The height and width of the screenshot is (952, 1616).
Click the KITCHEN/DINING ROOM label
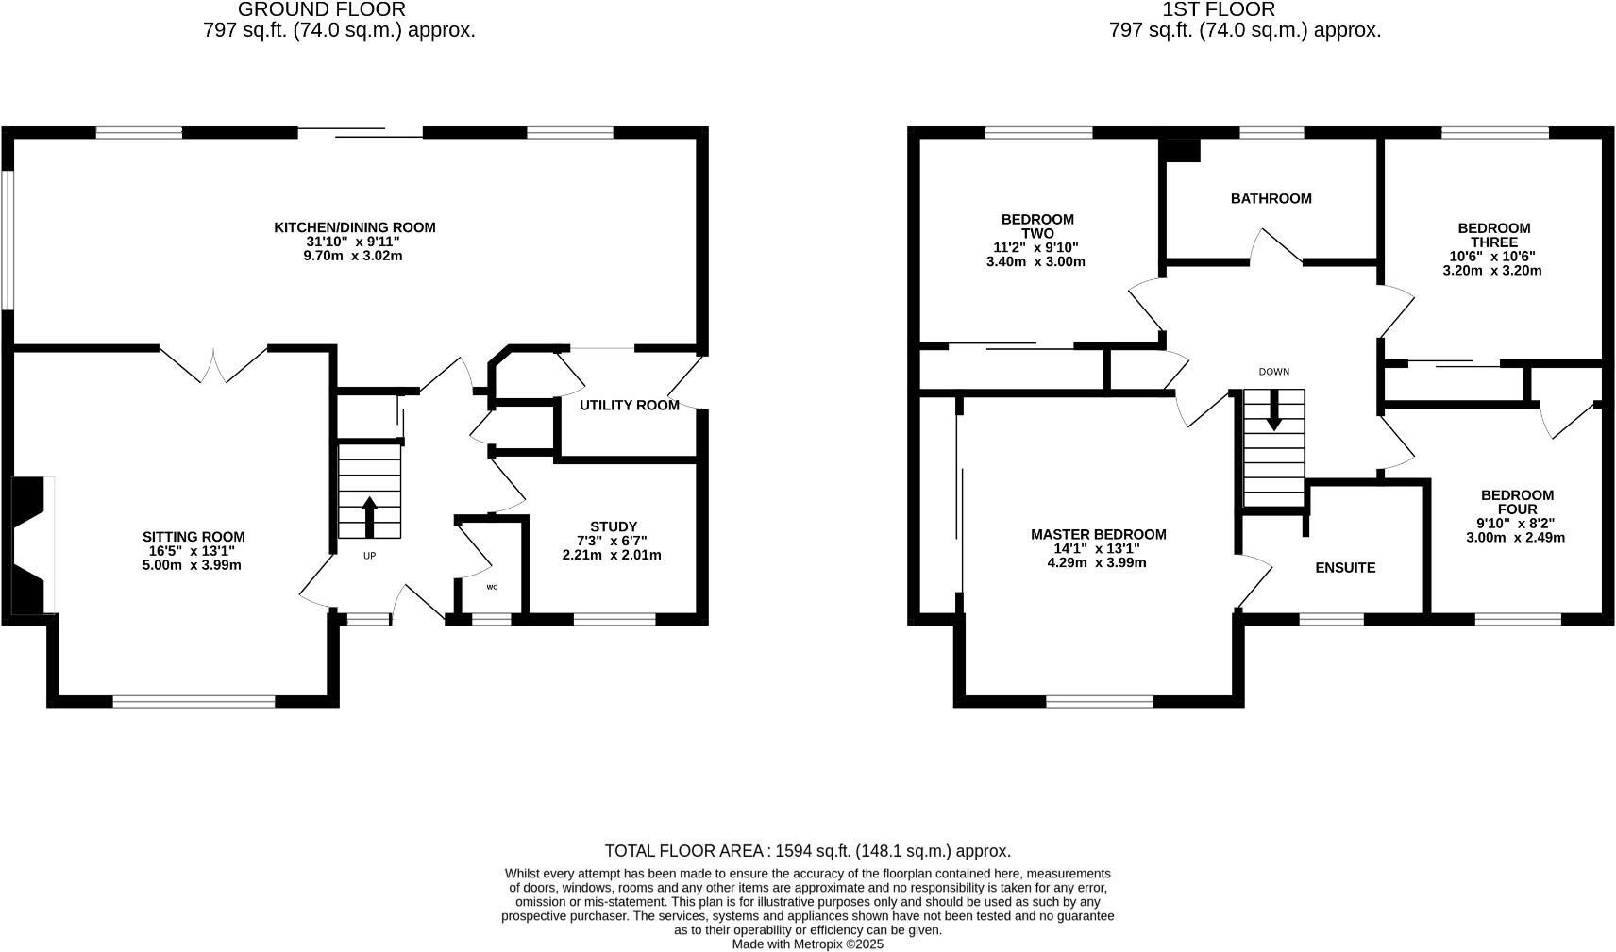click(354, 227)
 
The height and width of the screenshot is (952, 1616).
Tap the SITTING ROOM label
click(194, 537)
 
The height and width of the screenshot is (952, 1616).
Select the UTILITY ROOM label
click(629, 406)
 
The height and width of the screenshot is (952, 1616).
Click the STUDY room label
click(614, 526)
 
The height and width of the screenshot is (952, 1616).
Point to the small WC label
click(492, 587)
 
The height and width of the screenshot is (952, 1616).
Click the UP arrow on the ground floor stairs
click(369, 517)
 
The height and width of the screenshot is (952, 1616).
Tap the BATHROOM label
click(1271, 199)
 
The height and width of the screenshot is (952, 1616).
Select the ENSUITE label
click(1345, 568)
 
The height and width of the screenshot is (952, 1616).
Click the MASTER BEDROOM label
click(1098, 535)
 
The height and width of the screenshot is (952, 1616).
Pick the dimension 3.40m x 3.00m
click(1035, 262)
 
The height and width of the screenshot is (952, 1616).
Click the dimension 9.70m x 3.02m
click(354, 256)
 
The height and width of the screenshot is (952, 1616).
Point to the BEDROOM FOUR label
click(1516, 502)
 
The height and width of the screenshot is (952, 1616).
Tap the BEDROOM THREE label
click(1493, 235)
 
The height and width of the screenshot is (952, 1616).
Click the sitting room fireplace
click(28, 544)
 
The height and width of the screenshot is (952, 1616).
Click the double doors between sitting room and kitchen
click(213, 364)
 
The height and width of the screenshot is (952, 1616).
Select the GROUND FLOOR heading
click(321, 10)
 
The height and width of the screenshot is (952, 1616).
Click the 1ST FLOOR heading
click(1218, 10)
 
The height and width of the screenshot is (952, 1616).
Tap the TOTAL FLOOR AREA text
click(807, 851)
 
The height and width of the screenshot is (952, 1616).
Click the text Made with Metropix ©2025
click(807, 944)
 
